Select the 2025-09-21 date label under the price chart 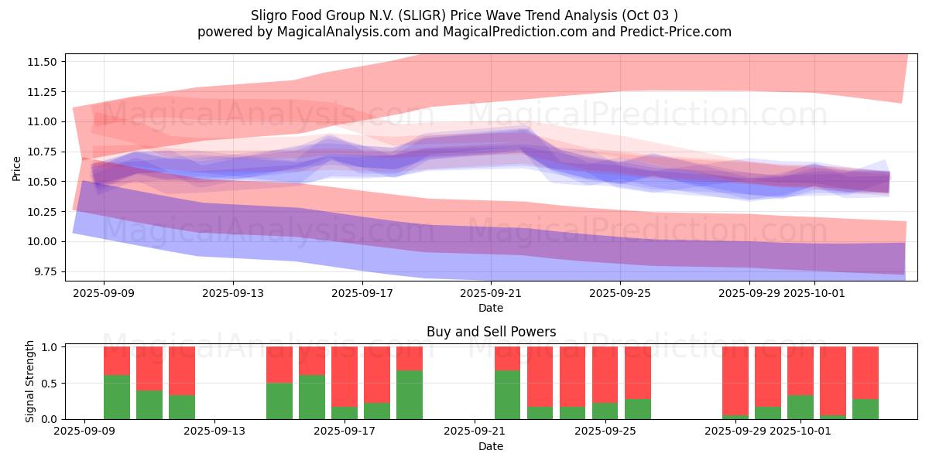[x=491, y=294]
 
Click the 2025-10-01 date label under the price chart [x=814, y=294]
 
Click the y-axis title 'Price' [x=17, y=168]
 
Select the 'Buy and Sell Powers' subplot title [x=491, y=332]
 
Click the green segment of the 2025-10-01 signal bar [x=800, y=407]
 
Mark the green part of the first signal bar [x=117, y=397]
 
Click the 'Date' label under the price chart [x=491, y=308]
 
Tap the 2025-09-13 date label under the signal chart [x=214, y=432]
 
